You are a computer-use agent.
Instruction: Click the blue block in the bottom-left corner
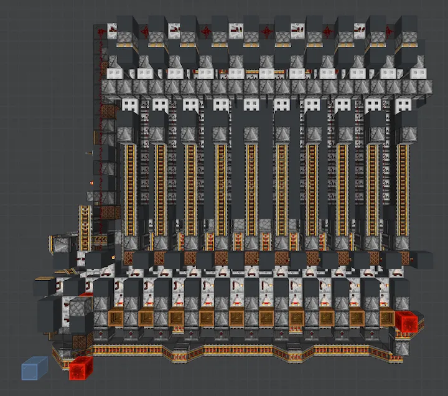pyautogui.click(x=35, y=369)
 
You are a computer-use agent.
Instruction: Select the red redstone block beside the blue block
pyautogui.click(x=80, y=368)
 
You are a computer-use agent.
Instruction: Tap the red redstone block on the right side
pyautogui.click(x=407, y=321)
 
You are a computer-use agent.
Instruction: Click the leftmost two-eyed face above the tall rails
pyautogui.click(x=130, y=105)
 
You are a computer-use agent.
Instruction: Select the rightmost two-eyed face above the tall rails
pyautogui.click(x=403, y=105)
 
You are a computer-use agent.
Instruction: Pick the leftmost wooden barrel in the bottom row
pyautogui.click(x=116, y=318)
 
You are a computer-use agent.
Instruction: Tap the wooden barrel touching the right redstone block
pyautogui.click(x=386, y=318)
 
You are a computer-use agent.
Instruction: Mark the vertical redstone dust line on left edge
pyautogui.click(x=99, y=93)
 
